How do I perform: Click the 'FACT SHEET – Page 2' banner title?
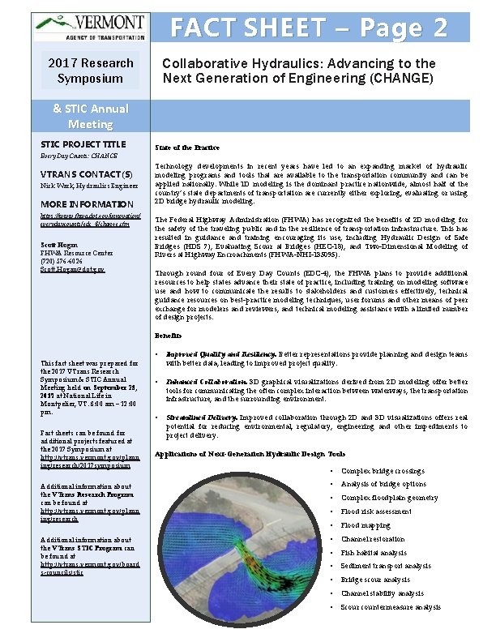tap(308, 28)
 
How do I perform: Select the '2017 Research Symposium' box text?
tap(90, 71)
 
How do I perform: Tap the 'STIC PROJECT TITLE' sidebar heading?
tap(83, 143)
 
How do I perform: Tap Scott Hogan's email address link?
tap(72, 268)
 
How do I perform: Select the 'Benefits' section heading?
tap(168, 335)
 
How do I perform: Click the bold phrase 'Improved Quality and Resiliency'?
tap(220, 354)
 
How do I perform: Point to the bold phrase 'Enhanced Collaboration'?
tap(206, 381)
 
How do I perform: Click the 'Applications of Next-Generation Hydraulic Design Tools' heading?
tap(250, 454)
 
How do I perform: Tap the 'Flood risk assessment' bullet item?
tap(376, 511)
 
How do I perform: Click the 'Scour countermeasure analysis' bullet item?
tap(391, 607)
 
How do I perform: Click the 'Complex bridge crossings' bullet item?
tap(383, 471)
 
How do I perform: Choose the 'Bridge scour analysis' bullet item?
tap(375, 580)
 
